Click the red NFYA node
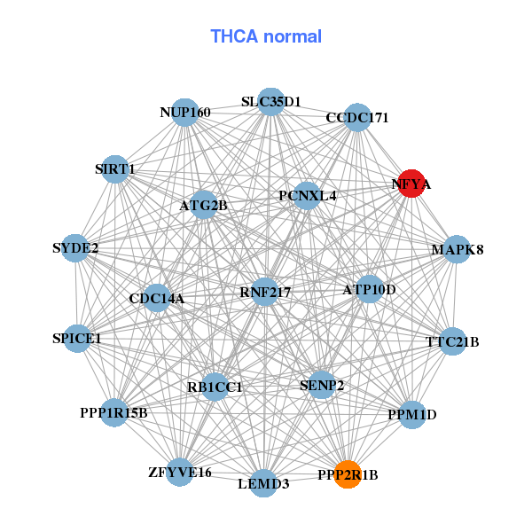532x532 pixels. [x=411, y=184]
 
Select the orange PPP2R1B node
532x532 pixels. [x=348, y=473]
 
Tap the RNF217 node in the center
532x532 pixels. [x=264, y=291]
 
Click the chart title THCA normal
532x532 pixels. [x=266, y=36]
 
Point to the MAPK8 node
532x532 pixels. [x=456, y=249]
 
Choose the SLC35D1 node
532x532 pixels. [x=270, y=102]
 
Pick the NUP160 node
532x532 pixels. [x=184, y=113]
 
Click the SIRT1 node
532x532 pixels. [x=115, y=168]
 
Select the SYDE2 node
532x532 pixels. [x=76, y=247]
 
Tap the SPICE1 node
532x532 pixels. [x=77, y=338]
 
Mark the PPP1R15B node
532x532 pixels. [x=113, y=411]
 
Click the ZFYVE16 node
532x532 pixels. [x=180, y=472]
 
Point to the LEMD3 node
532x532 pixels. [x=263, y=483]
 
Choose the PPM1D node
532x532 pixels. [x=412, y=413]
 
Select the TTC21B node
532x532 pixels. [x=452, y=341]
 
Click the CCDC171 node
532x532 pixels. [x=356, y=117]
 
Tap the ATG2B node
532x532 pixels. [x=204, y=205]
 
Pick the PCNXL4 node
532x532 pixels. [x=307, y=195]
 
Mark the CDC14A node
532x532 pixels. [x=157, y=298]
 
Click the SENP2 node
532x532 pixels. [x=322, y=385]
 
